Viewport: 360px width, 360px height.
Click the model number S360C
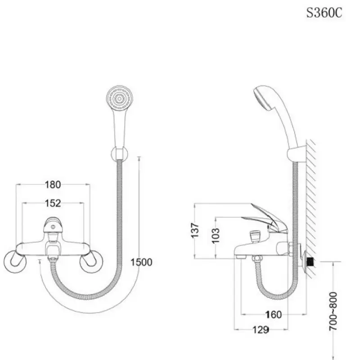point(324,13)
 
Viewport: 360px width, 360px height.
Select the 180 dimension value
point(53,184)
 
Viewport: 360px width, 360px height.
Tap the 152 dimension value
point(53,203)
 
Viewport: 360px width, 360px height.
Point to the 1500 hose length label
point(141,262)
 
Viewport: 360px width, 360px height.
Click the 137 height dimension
point(195,230)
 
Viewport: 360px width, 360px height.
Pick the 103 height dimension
point(216,235)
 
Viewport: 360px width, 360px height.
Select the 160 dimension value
point(273,315)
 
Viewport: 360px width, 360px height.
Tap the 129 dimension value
point(261,330)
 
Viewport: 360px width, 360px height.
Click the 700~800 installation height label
point(333,311)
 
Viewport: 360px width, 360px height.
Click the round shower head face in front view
point(120,99)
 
